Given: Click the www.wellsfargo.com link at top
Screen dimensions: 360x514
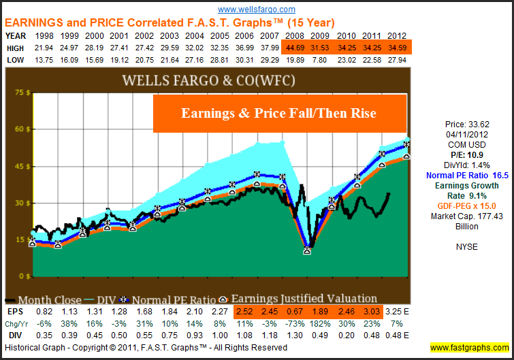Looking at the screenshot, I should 257,10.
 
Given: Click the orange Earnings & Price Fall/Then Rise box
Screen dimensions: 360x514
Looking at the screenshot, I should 279,113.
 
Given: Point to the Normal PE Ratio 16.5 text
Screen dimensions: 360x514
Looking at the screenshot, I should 467,175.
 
